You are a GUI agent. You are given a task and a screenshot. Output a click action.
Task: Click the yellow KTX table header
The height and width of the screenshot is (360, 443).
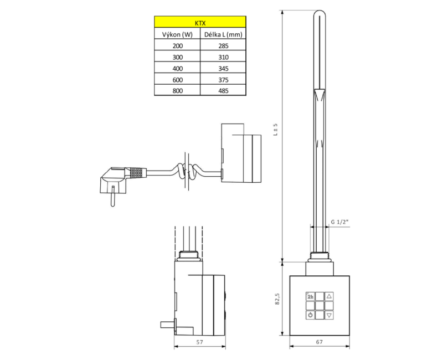(200, 22)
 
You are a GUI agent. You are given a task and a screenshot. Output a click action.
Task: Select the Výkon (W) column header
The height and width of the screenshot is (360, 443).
(177, 34)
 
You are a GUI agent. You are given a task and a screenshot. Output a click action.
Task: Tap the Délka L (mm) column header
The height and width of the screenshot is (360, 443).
(223, 34)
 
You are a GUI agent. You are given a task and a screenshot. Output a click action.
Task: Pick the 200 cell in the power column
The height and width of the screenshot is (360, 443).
(177, 45)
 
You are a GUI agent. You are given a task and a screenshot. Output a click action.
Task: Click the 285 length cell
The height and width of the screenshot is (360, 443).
(223, 45)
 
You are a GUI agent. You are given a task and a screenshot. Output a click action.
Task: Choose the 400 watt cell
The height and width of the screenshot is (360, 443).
(177, 68)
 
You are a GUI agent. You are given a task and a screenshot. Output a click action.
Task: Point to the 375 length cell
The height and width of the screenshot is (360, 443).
(223, 80)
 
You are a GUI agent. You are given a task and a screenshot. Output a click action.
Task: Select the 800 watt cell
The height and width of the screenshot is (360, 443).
(177, 90)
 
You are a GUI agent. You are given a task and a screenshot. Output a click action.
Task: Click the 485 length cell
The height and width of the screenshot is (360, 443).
(223, 90)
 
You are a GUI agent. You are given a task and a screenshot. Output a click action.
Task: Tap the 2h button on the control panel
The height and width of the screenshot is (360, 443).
(310, 296)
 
